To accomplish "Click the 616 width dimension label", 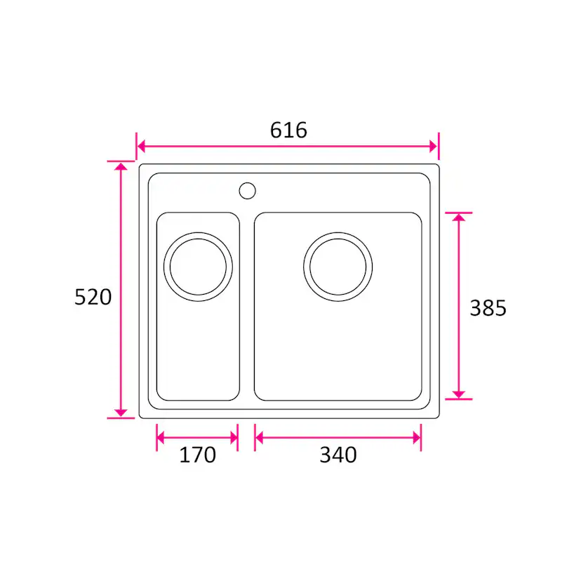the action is [288, 130].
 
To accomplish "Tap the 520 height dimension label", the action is [93, 297].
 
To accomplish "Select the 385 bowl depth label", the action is [488, 308].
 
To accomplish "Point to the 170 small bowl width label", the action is [197, 455].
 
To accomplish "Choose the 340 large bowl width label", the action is [338, 455].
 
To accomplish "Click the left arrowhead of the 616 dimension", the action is [141, 147].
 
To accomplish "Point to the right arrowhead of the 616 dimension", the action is [434, 147].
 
